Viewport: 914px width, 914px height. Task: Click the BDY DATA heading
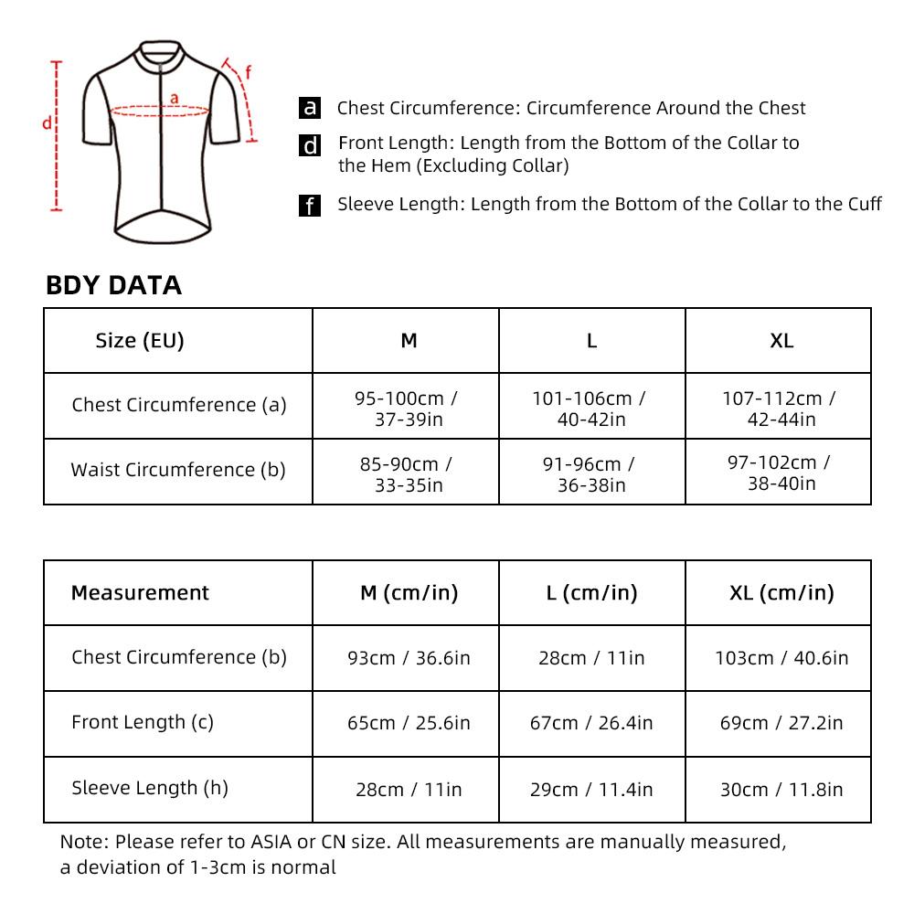click(113, 285)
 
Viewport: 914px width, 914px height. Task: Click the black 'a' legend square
click(311, 108)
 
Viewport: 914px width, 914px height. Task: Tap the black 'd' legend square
click(311, 145)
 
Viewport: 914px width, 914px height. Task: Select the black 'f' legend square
click(310, 206)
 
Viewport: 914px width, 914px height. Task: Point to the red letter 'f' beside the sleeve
click(248, 73)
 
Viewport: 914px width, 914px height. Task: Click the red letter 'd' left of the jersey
click(45, 123)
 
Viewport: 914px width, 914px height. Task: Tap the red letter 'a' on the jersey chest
click(174, 99)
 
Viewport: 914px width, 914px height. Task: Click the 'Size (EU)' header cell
click(140, 341)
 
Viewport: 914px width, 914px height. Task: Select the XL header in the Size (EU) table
click(781, 341)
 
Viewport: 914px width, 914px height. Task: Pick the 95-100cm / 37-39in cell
click(406, 409)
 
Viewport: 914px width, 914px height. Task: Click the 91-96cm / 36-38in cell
click(591, 473)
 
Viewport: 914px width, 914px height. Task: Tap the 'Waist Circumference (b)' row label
click(178, 470)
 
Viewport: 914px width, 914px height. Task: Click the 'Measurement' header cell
click(140, 592)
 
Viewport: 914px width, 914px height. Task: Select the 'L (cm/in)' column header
click(591, 592)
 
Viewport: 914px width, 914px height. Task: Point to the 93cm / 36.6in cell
click(409, 658)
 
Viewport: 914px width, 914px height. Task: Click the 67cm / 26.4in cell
click(591, 723)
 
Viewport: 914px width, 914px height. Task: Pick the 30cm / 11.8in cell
click(781, 790)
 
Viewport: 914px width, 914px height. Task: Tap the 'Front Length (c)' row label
click(143, 722)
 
